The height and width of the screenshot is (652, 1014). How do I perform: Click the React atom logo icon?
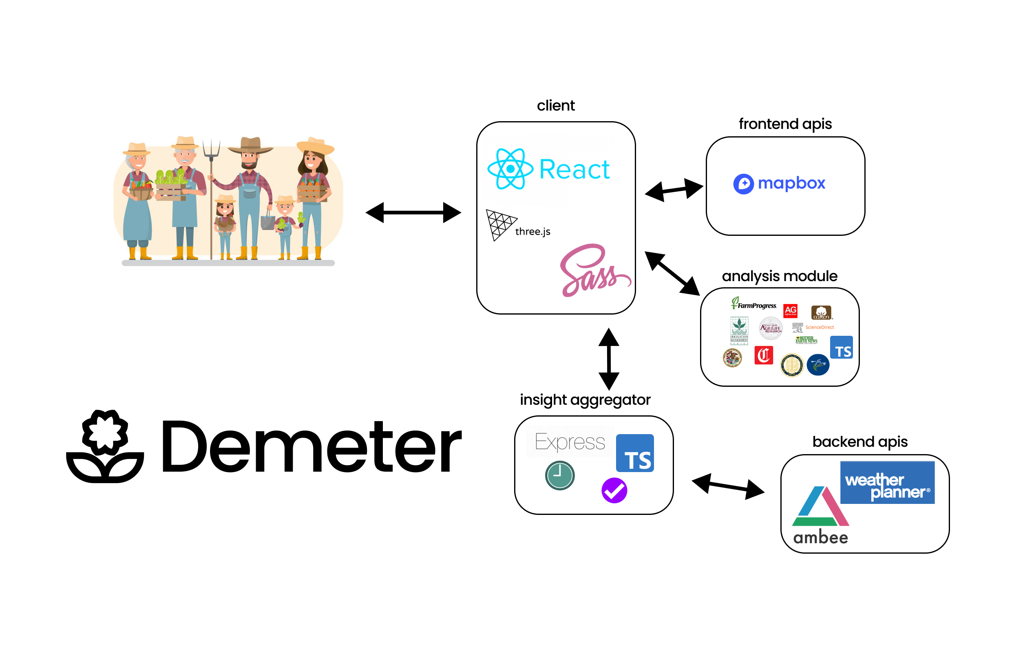[510, 169]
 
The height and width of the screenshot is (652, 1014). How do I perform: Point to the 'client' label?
[555, 105]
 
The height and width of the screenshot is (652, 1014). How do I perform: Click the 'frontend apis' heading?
[784, 124]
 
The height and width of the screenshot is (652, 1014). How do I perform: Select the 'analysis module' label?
[779, 276]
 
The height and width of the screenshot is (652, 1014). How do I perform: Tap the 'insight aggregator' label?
[585, 399]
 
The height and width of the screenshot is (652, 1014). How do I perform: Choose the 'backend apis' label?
[859, 441]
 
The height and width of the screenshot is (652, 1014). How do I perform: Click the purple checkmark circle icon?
[613, 490]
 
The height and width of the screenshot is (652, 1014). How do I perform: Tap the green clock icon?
[559, 475]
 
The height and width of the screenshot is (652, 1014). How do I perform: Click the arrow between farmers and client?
[413, 212]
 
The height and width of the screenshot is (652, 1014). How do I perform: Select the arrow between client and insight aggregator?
[608, 359]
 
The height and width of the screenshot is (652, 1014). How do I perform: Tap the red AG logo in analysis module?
[789, 310]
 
